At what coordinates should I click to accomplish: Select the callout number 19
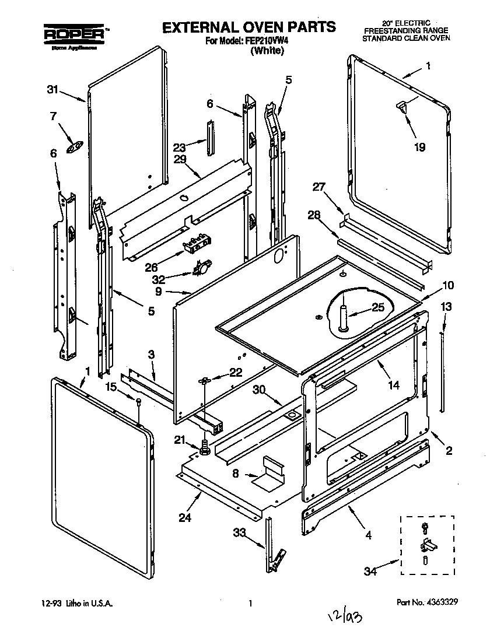tap(419, 147)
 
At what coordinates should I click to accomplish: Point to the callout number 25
tap(378, 307)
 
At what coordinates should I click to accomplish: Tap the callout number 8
tap(236, 474)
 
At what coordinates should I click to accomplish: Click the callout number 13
tap(446, 307)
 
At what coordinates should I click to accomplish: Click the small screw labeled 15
tap(139, 401)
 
